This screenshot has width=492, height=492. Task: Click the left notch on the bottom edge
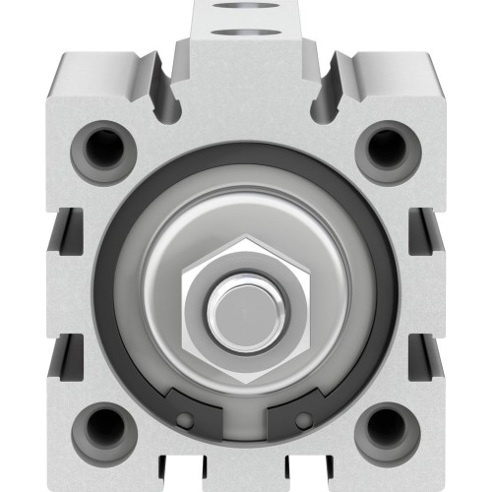pyautogui.click(x=187, y=477)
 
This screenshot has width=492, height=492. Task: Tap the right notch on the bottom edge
pyautogui.click(x=300, y=477)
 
